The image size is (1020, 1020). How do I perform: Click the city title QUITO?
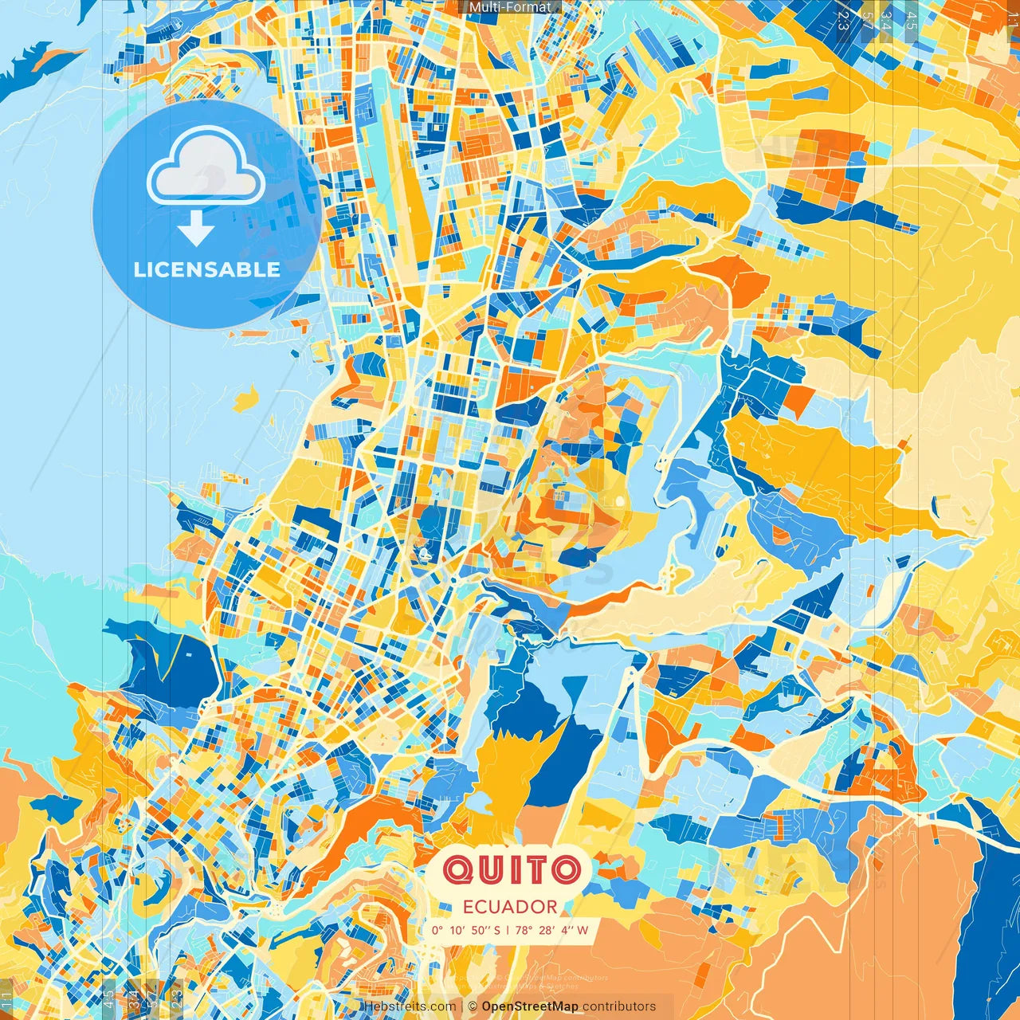511,870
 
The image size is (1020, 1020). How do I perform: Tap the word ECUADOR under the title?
510,907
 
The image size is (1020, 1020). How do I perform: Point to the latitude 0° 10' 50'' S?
466,930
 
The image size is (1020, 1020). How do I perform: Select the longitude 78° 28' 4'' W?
551,930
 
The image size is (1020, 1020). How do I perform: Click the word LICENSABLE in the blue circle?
207,269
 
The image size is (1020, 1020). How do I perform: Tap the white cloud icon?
206,166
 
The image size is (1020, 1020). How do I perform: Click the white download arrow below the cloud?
196,229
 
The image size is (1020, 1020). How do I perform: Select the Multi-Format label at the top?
510,7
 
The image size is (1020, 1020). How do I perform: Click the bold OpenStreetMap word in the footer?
530,1006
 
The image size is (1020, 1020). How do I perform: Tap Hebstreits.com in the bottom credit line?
410,1006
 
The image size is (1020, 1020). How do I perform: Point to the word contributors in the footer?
619,1006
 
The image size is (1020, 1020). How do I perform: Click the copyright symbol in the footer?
473,1006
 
